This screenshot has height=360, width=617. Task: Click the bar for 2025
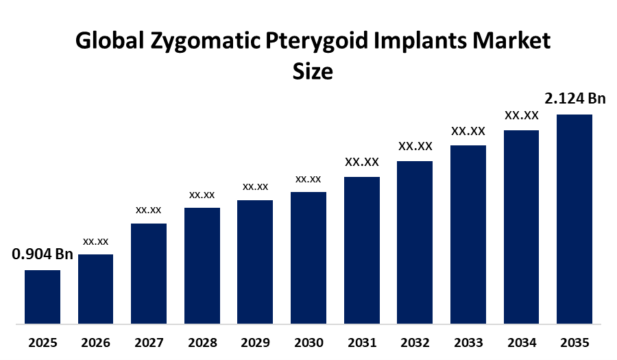coord(43,296)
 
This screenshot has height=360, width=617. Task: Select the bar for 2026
coord(95,288)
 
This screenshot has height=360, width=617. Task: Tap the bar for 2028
coord(202,265)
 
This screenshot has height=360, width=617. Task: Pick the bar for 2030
coord(308,257)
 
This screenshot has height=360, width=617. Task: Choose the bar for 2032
coord(415,241)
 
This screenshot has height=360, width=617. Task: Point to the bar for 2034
coord(521,226)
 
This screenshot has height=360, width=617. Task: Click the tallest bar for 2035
coord(574,218)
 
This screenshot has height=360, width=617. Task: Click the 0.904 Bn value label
coord(43,254)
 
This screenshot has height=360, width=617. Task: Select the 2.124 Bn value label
coord(575,99)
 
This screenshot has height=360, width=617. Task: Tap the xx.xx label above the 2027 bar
coord(149,209)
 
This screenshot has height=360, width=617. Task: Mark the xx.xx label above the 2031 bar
coord(362,162)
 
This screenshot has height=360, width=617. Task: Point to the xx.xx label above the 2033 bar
coord(468,130)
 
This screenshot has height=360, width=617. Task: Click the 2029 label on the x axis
coord(255,342)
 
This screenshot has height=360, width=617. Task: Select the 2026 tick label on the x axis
coord(95,342)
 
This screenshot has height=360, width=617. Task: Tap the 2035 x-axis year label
coord(574,342)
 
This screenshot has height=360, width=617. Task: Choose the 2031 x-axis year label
coord(362,342)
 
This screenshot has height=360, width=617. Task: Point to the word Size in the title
coord(313,71)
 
